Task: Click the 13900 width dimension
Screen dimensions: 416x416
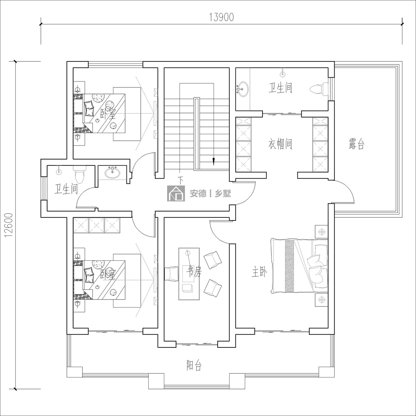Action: click(x=222, y=17)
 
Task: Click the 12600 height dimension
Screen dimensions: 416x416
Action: click(x=9, y=225)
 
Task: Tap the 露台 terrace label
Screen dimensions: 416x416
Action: click(x=357, y=144)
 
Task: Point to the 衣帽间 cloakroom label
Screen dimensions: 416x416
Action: click(x=280, y=144)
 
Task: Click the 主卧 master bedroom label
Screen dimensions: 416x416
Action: click(x=259, y=273)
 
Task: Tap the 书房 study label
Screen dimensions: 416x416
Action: click(x=194, y=271)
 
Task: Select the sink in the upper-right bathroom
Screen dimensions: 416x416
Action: click(x=242, y=89)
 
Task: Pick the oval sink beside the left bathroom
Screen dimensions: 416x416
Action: click(x=112, y=173)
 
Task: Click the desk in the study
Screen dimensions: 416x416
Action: click(x=189, y=274)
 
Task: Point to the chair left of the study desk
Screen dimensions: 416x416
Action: click(x=172, y=274)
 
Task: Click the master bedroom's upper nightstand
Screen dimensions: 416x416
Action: click(x=321, y=232)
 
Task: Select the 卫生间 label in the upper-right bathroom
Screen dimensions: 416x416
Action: click(x=280, y=88)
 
